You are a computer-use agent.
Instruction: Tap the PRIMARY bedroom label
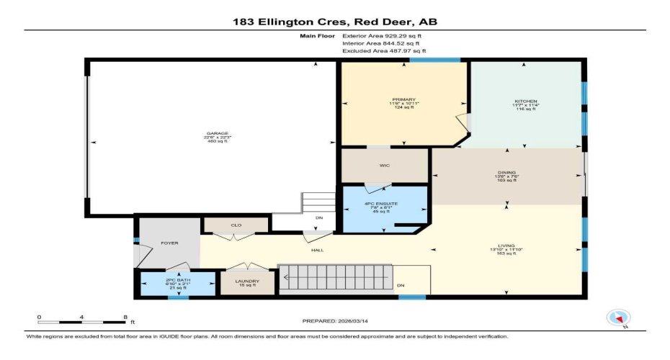pyautogui.click(x=404, y=100)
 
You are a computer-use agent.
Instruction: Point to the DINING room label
pyautogui.click(x=507, y=173)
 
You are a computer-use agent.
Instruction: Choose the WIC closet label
pyautogui.click(x=385, y=165)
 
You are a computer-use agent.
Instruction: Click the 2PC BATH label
pyautogui.click(x=177, y=280)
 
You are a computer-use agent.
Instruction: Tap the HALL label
pyautogui.click(x=316, y=251)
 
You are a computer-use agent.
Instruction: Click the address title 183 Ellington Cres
pyautogui.click(x=335, y=22)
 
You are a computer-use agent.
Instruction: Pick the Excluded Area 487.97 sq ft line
pyautogui.click(x=383, y=51)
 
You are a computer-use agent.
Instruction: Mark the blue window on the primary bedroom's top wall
pyautogui.click(x=436, y=60)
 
